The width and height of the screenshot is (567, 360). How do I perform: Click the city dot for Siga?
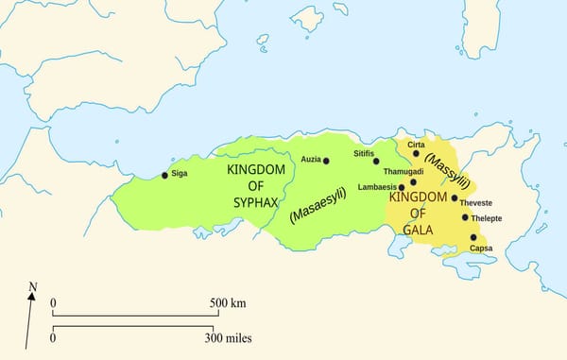[164, 175]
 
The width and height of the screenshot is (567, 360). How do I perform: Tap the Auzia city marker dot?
[326, 161]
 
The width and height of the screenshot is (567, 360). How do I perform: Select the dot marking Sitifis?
[376, 162]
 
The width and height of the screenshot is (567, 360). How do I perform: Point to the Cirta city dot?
[416, 153]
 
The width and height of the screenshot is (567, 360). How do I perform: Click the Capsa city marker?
[473, 238]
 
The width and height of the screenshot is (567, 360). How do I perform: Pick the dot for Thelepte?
[465, 217]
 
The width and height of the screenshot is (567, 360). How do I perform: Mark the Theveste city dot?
[455, 198]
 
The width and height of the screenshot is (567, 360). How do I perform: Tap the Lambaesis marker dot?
[402, 187]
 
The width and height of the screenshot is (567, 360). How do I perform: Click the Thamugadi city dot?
[413, 181]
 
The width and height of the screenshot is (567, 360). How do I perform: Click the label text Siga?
[180, 174]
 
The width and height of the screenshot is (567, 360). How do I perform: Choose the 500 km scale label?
[227, 303]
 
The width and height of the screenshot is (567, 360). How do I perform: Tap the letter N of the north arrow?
[33, 285]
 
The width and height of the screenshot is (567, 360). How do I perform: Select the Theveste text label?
[476, 202]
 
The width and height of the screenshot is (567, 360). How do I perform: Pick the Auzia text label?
[311, 160]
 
